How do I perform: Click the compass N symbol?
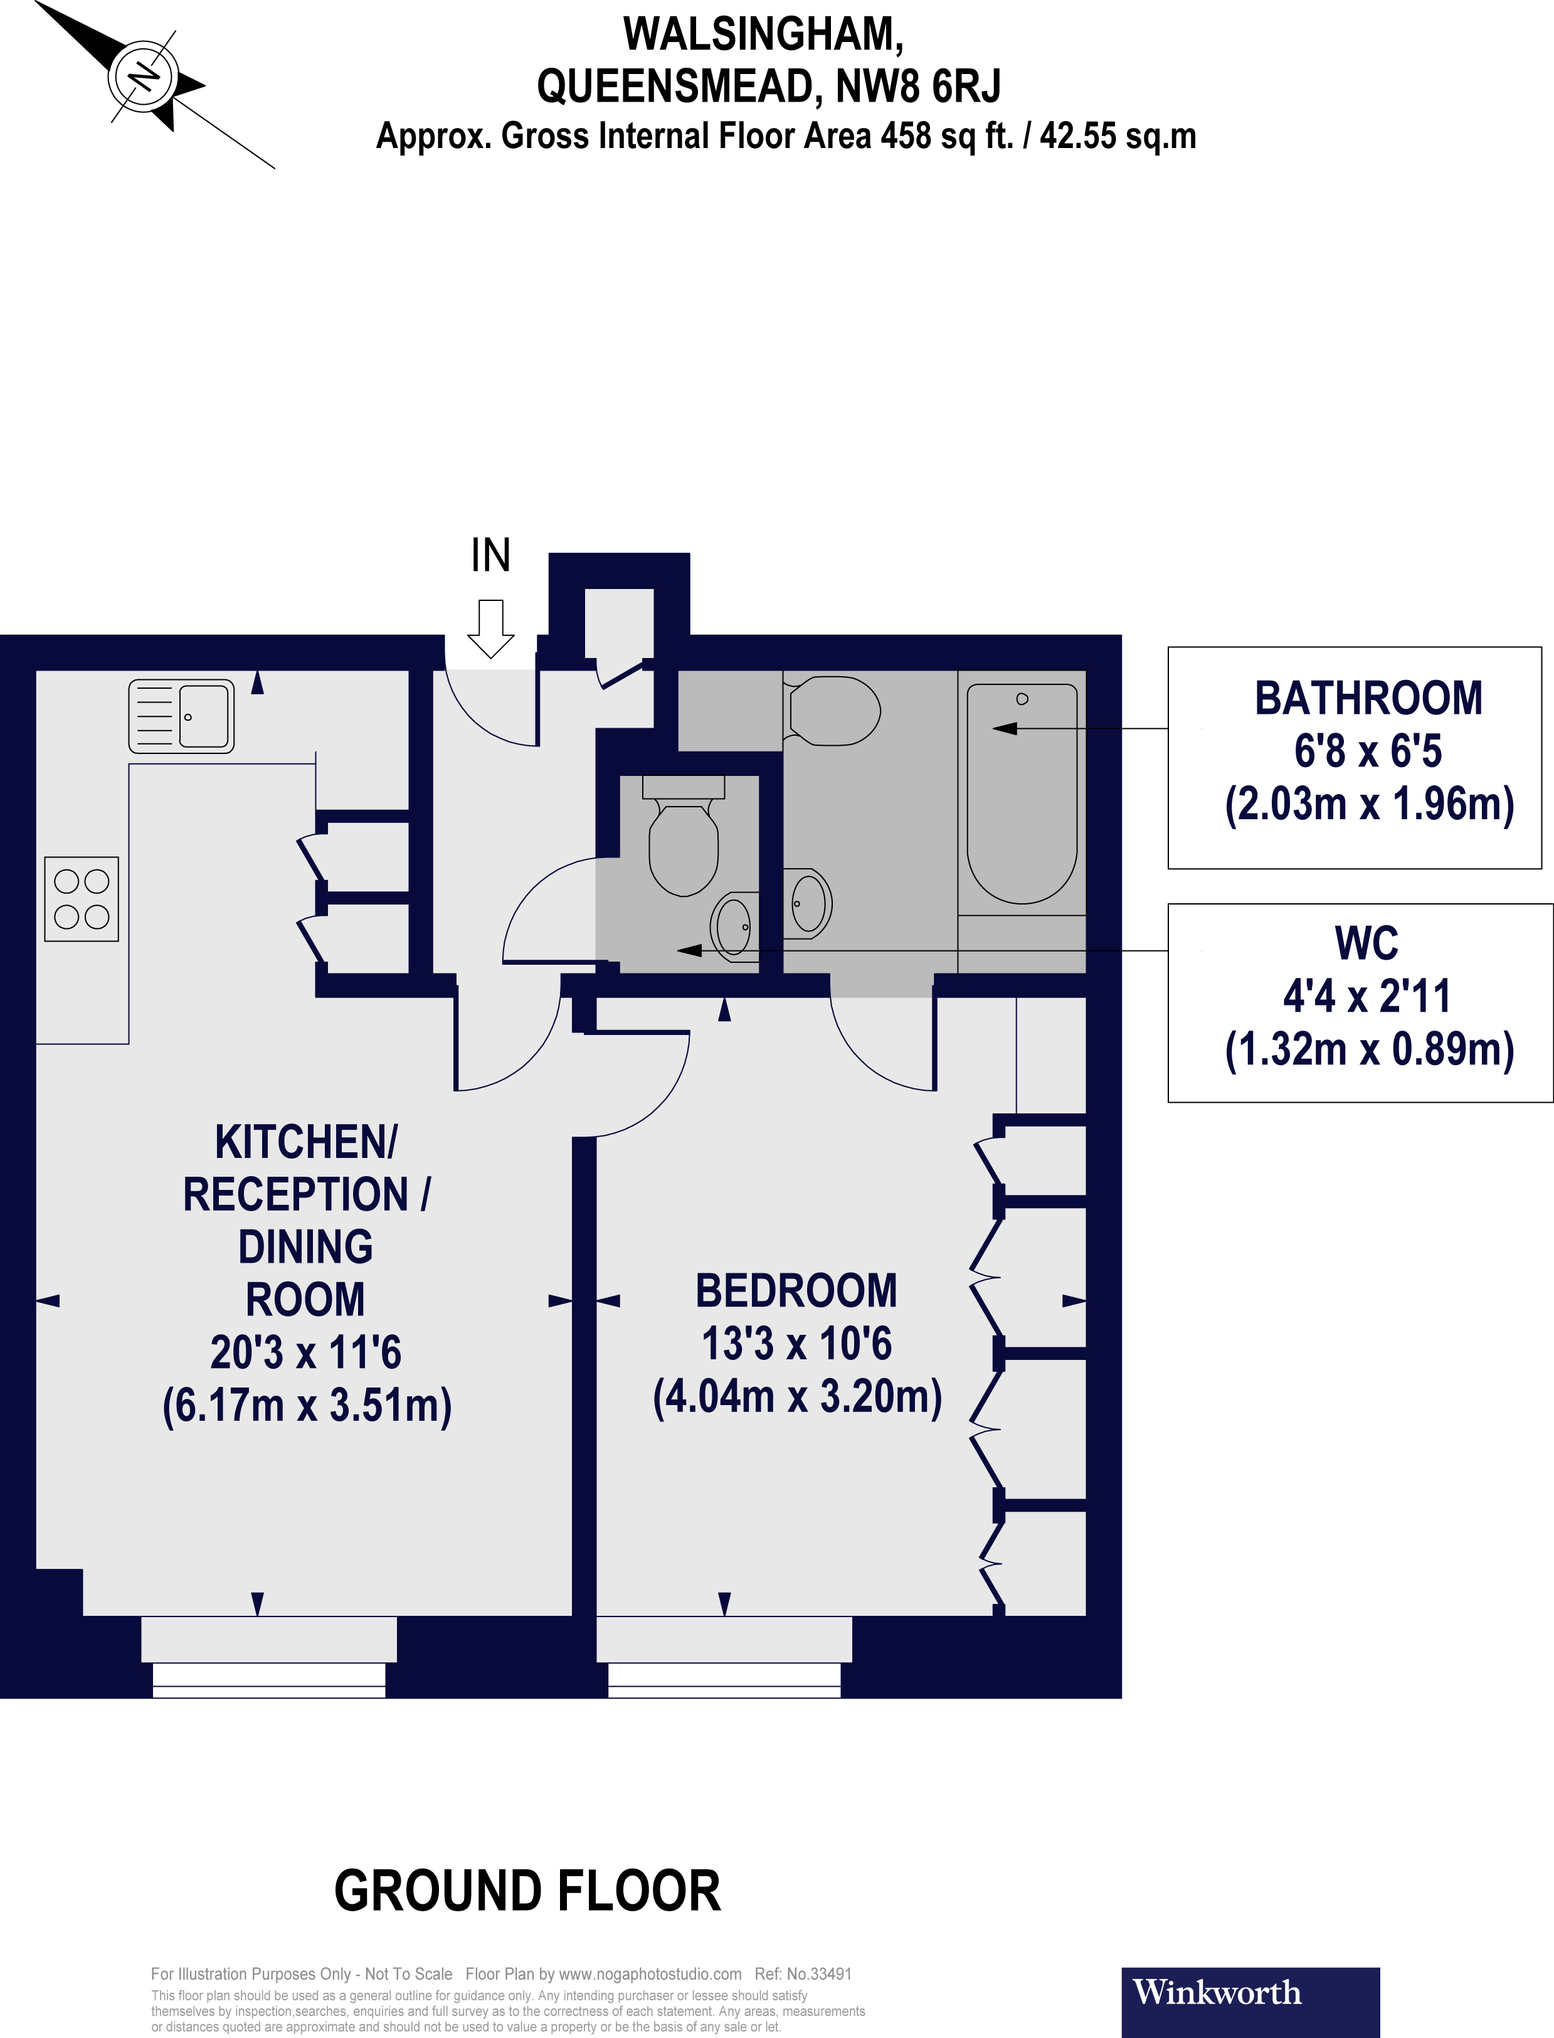(144, 76)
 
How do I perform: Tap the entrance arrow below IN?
(490, 629)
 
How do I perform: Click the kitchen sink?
(181, 716)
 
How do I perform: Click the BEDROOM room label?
(796, 1292)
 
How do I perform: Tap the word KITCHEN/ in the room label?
(306, 1142)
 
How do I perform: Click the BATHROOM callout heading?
(1368, 698)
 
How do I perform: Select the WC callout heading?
(1366, 943)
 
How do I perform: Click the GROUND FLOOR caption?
(527, 1891)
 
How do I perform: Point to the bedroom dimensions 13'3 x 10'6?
(796, 1344)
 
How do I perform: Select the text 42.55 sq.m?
(1118, 136)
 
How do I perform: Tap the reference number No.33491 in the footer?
(818, 1973)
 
